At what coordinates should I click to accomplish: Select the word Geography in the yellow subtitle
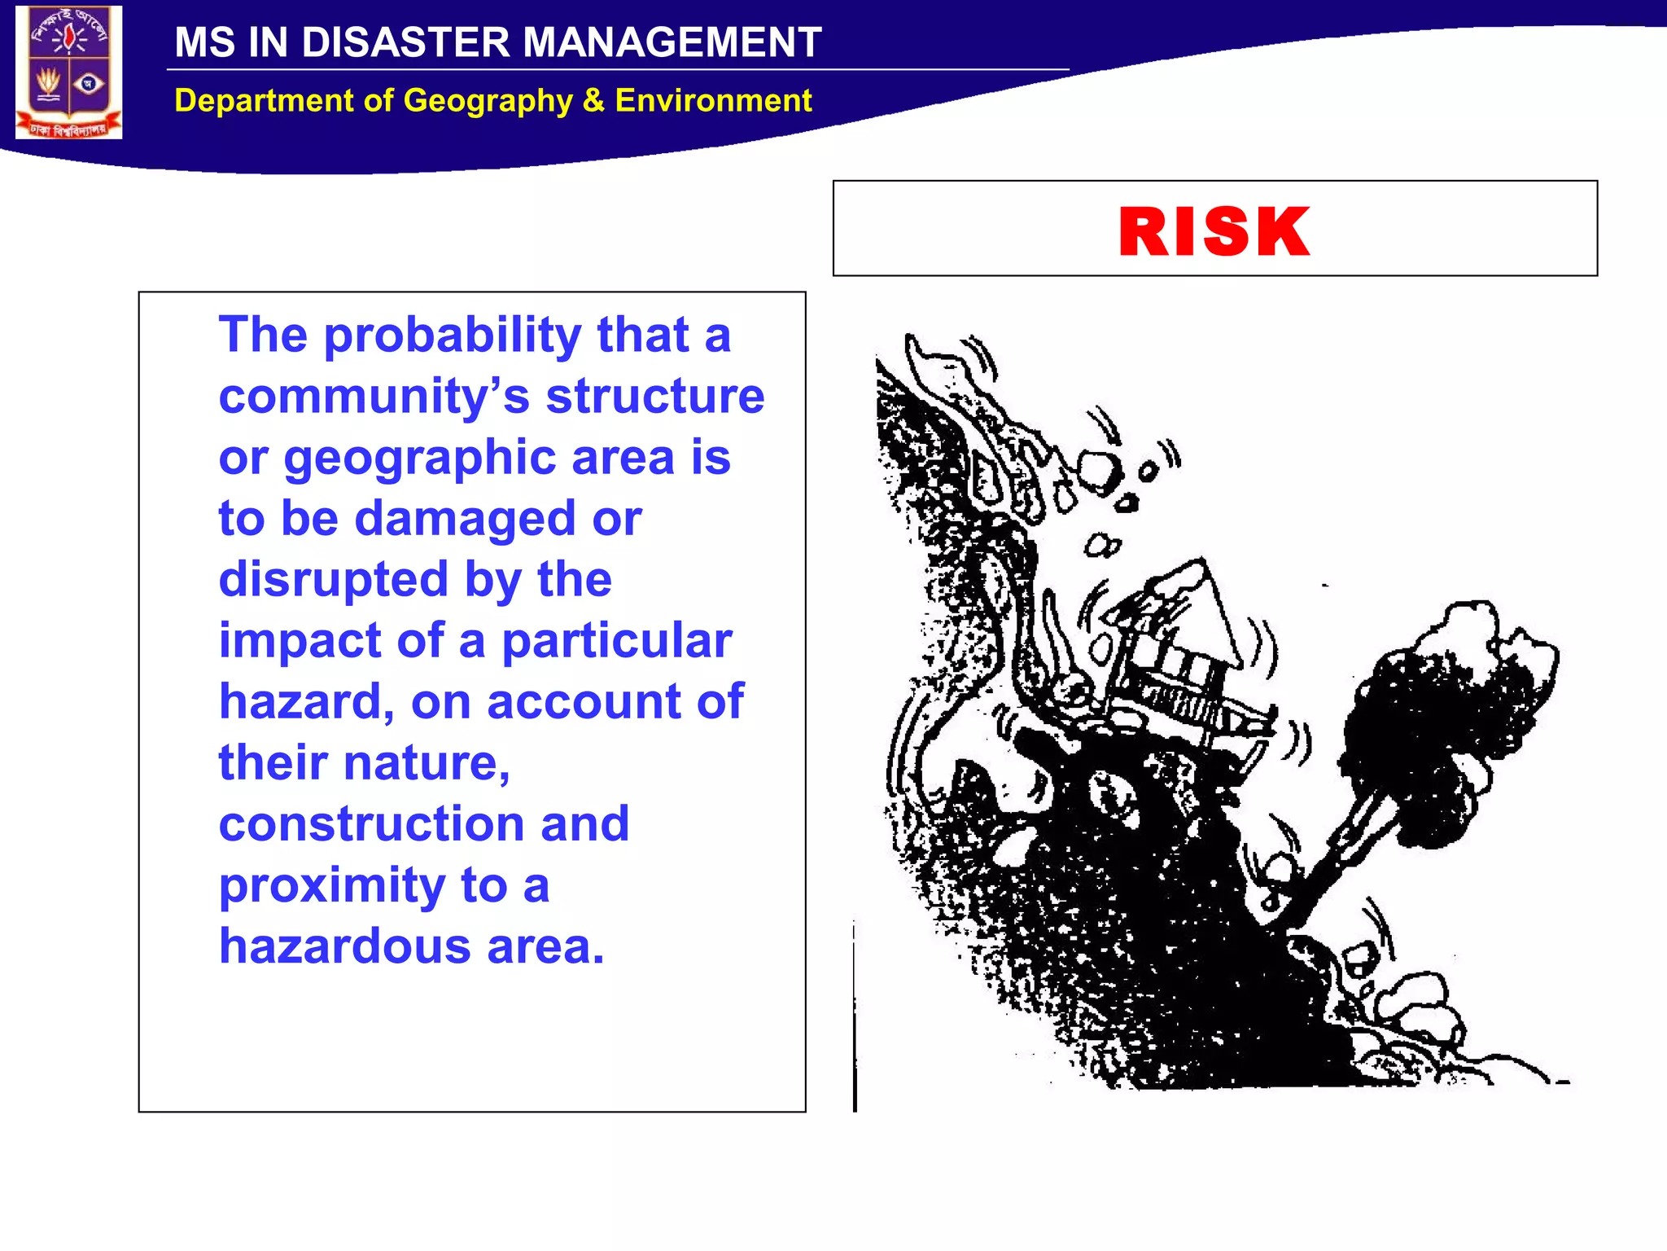488,101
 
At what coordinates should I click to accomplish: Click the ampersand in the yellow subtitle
593,101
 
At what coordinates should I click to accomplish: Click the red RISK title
1214,232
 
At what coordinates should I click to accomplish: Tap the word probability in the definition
453,336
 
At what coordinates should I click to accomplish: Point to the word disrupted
334,580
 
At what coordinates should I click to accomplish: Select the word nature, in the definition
427,763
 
